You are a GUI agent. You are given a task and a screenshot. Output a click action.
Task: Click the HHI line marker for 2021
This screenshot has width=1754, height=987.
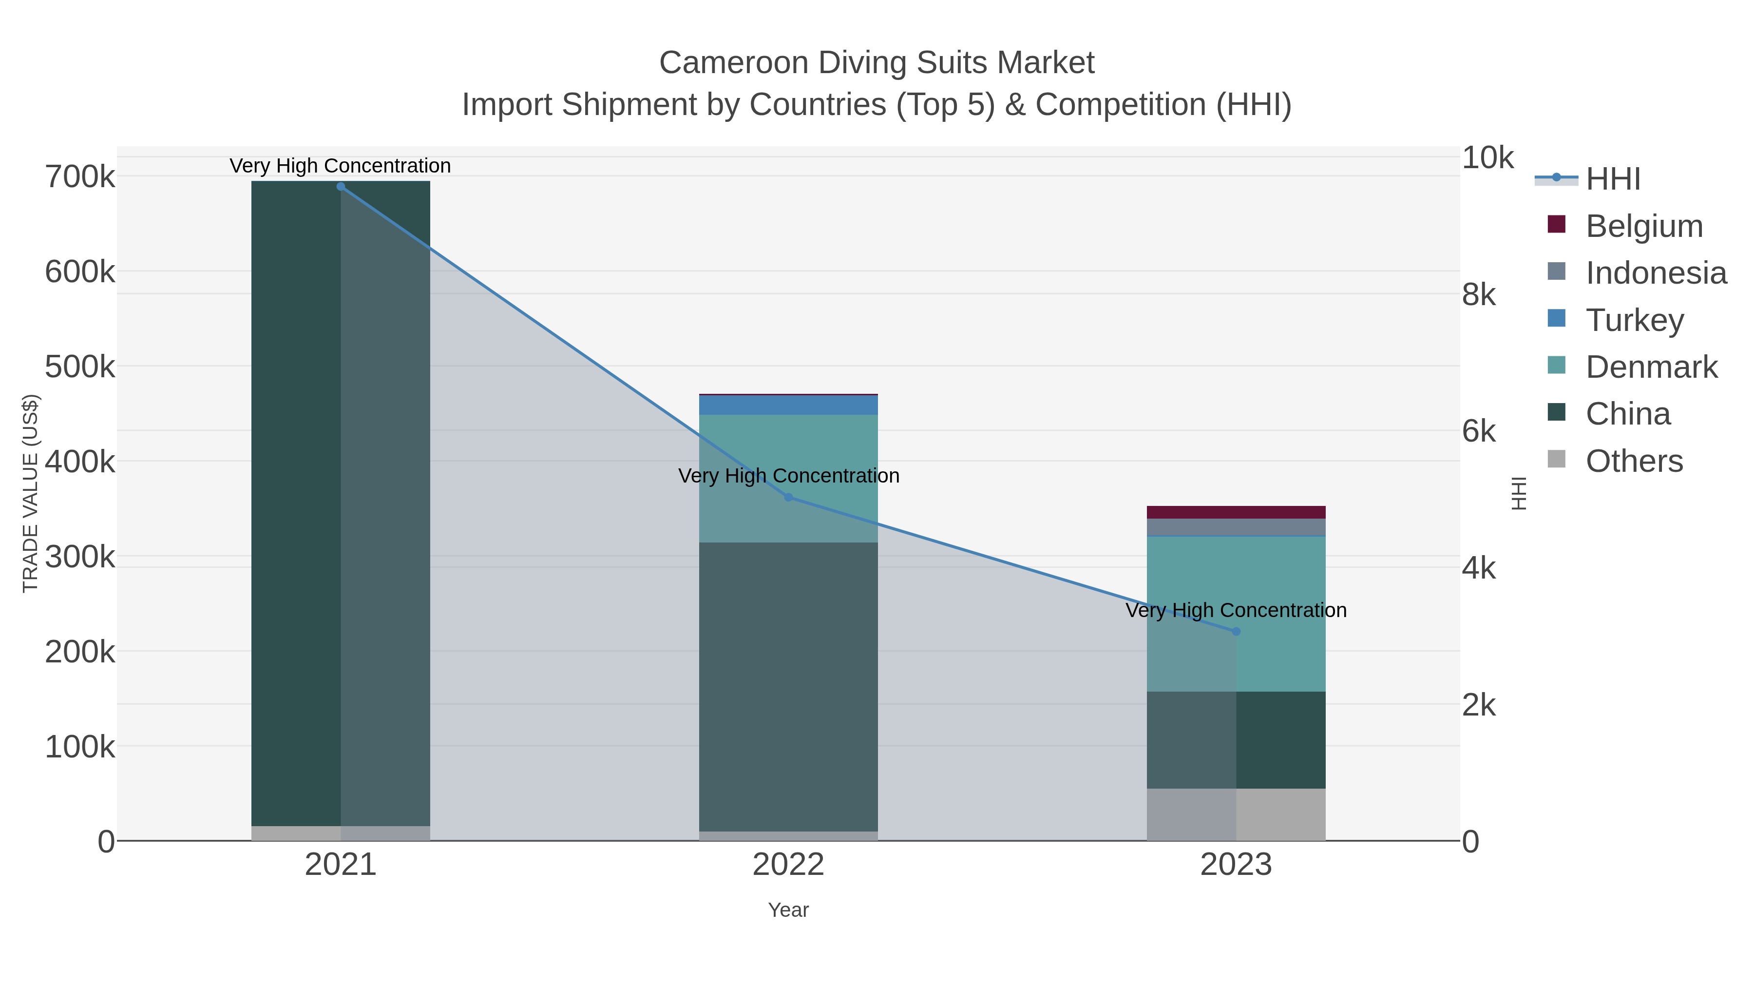point(341,187)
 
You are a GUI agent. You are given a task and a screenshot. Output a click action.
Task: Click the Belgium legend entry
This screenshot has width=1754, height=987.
point(1644,226)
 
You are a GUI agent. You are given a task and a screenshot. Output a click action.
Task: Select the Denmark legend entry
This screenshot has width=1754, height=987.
point(1651,367)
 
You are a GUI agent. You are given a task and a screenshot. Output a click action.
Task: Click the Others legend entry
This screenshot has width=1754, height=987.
point(1634,461)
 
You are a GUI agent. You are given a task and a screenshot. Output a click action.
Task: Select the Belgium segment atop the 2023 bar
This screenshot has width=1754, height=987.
point(1237,512)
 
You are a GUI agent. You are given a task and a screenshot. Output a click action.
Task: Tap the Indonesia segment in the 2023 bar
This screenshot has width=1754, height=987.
point(1237,527)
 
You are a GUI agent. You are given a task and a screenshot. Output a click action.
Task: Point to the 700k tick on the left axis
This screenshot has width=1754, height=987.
point(80,177)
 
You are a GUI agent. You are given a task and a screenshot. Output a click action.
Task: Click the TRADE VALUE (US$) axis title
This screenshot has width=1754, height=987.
point(31,493)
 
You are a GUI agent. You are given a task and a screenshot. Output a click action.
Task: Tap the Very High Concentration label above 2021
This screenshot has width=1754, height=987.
point(341,166)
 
